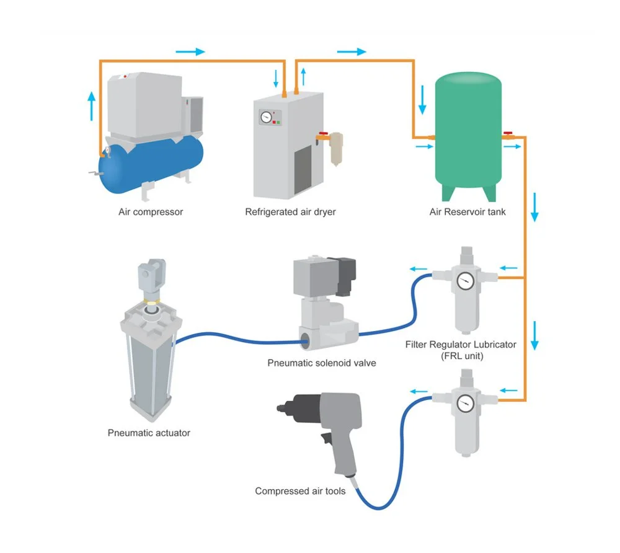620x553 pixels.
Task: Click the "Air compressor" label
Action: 151,212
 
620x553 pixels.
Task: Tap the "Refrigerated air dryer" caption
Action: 290,212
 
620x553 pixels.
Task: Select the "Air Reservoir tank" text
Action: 467,212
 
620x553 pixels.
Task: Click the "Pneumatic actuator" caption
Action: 149,433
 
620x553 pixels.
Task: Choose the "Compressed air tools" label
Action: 300,491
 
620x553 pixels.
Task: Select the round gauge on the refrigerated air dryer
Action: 267,117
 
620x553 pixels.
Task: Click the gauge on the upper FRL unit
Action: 464,281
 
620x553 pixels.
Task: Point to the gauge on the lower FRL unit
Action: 464,403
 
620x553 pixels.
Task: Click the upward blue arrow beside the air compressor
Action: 92,105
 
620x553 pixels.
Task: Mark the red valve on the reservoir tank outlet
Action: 508,135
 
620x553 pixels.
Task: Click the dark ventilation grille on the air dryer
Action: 302,169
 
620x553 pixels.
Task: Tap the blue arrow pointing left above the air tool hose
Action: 420,391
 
